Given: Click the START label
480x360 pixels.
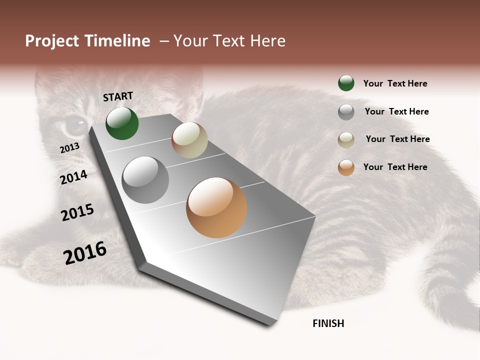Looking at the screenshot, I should click(118, 96).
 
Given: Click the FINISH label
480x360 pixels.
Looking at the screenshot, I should click(328, 323).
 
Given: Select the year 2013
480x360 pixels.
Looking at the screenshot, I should click(69, 148).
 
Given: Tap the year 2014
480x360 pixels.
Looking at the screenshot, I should click(74, 177).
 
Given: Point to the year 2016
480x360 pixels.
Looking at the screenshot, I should click(85, 252).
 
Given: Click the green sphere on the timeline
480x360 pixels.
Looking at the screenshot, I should click(122, 123).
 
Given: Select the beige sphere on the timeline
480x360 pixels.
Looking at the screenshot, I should click(189, 140).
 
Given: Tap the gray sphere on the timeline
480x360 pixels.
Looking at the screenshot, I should click(145, 180).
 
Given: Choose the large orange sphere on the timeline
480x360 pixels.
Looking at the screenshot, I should click(216, 207).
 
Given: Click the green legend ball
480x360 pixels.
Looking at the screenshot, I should click(346, 83).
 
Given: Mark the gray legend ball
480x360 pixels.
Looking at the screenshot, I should click(346, 112).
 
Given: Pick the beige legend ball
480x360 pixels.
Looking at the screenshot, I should click(346, 140).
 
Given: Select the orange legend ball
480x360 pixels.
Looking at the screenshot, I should click(346, 167).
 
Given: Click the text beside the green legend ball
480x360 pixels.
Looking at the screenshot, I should click(395, 83).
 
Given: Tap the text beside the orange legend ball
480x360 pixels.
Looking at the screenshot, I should click(395, 167).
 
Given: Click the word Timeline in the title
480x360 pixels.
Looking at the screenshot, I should click(117, 41).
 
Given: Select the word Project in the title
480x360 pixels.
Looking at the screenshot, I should click(52, 41).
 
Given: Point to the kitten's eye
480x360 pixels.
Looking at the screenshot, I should click(76, 124).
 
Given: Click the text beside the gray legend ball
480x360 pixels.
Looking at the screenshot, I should click(396, 111).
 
